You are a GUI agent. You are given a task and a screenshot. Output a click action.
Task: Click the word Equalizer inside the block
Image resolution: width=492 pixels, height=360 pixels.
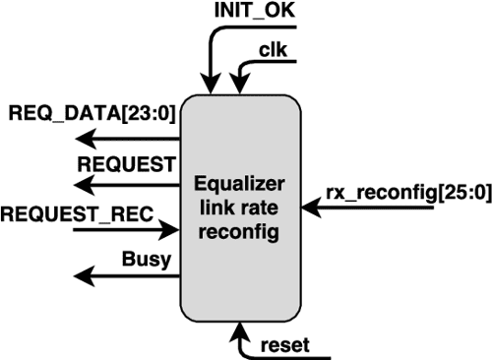point(239,184)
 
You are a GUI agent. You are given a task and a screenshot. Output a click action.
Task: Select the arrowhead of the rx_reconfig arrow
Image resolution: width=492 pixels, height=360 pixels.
point(313,209)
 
